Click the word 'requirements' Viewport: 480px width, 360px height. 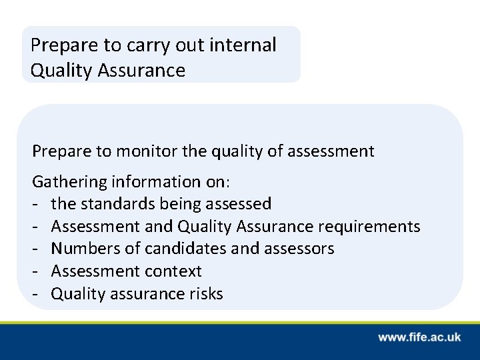coord(369,227)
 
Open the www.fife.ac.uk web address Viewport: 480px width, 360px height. coord(419,337)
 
